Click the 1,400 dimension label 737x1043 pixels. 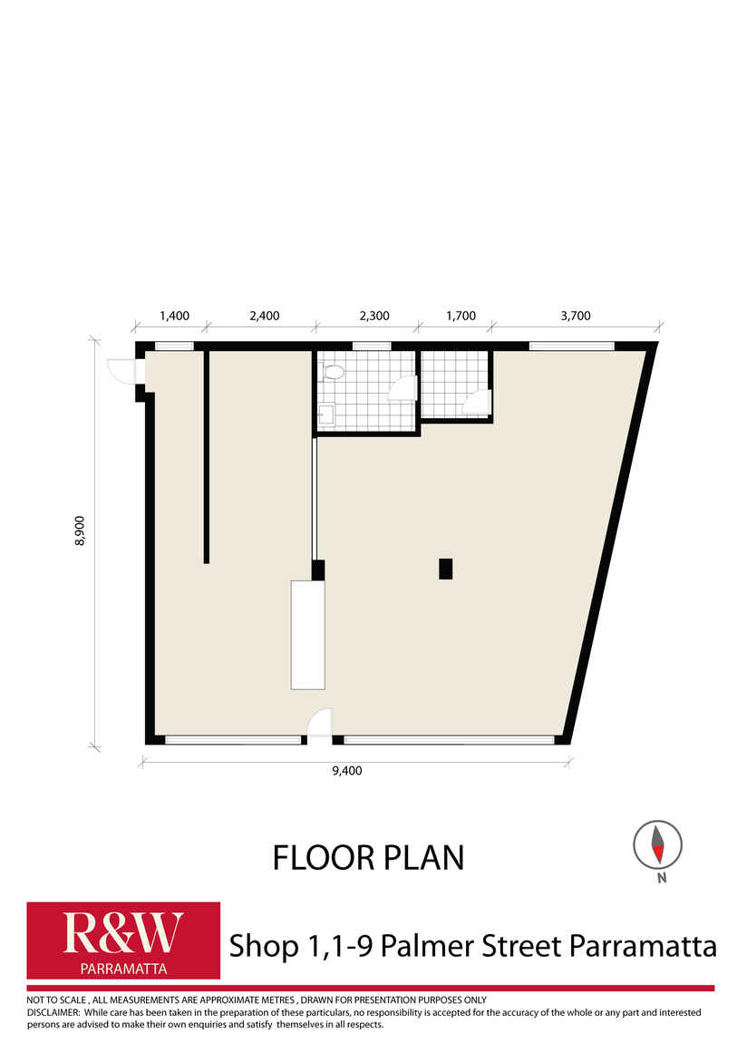pyautogui.click(x=174, y=316)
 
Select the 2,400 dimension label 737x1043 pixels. pyautogui.click(x=265, y=316)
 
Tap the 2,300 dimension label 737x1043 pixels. pyautogui.click(x=374, y=316)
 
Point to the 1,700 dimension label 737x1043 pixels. pyautogui.click(x=461, y=316)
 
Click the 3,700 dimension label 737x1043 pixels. pyautogui.click(x=576, y=316)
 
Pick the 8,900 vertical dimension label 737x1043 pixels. pyautogui.click(x=80, y=531)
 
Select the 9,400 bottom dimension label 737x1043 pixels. pyautogui.click(x=347, y=771)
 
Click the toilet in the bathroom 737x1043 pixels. pyautogui.click(x=333, y=372)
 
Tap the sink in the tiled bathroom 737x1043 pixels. pyautogui.click(x=326, y=415)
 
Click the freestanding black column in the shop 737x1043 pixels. pyautogui.click(x=445, y=569)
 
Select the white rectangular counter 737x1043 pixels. pyautogui.click(x=307, y=635)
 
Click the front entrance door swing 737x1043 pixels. pyautogui.click(x=320, y=723)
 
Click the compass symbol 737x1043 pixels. pyautogui.click(x=657, y=844)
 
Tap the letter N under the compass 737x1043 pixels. pyautogui.click(x=662, y=878)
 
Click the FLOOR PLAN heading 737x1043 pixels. pyautogui.click(x=368, y=858)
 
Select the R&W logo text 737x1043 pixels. pyautogui.click(x=123, y=933)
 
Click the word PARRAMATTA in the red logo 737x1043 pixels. pyautogui.click(x=123, y=969)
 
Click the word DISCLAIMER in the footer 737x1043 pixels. pyautogui.click(x=53, y=1012)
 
